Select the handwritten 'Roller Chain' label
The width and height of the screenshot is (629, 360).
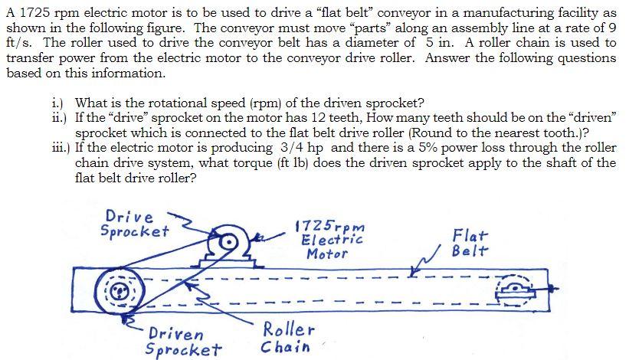[x=287, y=338]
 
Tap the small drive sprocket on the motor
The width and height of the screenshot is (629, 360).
[x=228, y=244]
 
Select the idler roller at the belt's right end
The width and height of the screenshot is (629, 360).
[x=515, y=290]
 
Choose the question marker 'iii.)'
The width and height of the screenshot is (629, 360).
[x=56, y=148]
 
